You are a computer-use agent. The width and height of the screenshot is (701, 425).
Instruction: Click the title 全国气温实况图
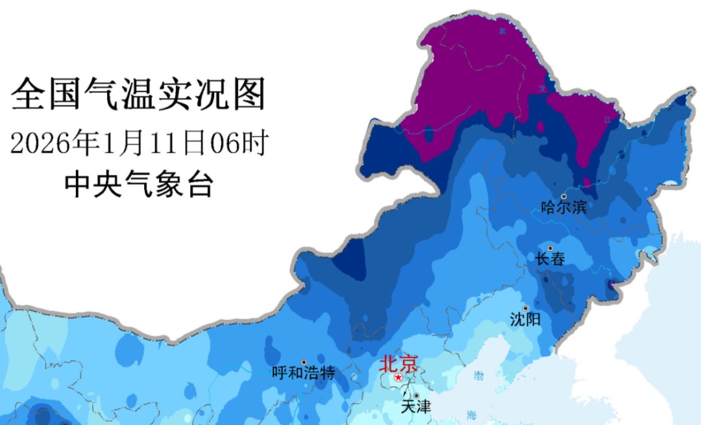(139, 95)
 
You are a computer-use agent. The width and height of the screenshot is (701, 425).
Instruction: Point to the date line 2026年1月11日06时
(139, 143)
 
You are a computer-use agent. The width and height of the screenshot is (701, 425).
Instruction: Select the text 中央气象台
(139, 185)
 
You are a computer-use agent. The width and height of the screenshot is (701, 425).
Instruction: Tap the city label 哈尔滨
(563, 208)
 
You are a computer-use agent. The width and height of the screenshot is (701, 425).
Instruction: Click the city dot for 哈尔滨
(564, 196)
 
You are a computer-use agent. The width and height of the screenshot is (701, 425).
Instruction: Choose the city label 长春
(550, 259)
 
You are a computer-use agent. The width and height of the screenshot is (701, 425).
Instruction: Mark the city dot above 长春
(550, 248)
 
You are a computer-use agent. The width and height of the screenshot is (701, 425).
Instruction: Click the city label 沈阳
(525, 319)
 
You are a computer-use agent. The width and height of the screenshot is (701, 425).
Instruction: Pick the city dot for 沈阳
(526, 308)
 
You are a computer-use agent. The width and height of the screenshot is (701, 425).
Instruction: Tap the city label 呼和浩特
(303, 373)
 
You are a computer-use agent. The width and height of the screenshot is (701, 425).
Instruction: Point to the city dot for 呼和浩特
(304, 362)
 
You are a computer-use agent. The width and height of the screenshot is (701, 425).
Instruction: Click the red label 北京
(399, 362)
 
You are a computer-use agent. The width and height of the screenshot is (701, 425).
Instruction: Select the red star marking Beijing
(398, 377)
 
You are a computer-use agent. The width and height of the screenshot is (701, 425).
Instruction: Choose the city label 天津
(415, 407)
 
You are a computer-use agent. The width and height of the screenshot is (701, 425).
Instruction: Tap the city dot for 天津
(416, 395)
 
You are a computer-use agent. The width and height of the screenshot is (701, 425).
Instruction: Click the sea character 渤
(479, 375)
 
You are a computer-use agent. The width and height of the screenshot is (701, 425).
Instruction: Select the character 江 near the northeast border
(608, 119)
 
